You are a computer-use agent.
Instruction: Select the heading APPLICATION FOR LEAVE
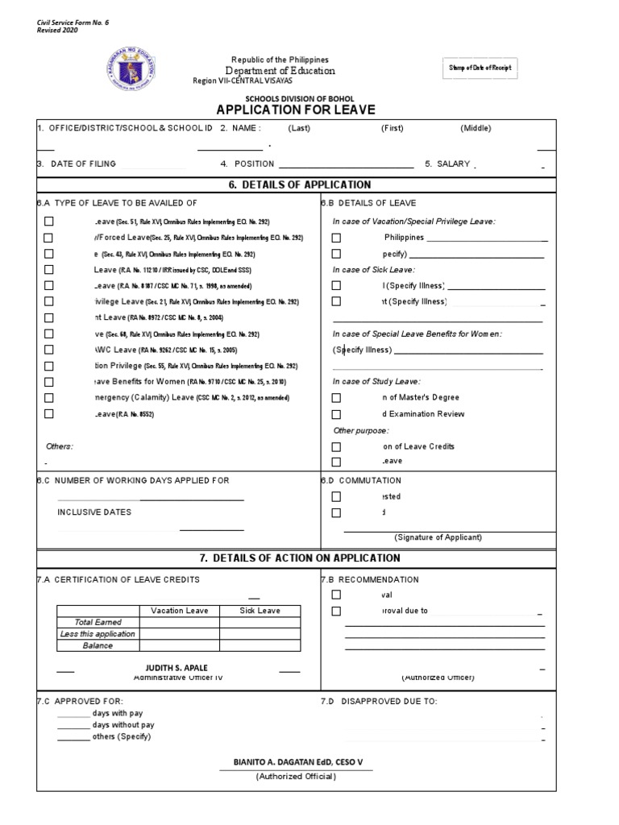294,110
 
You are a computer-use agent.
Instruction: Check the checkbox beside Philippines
336,238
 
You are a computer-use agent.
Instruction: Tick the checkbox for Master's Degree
336,397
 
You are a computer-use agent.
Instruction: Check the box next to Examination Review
336,414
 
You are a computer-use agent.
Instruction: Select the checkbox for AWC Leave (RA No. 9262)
49,350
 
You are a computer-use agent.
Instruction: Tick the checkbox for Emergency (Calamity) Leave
49,397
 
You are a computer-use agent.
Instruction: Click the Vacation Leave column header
179,611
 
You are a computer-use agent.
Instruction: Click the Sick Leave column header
260,611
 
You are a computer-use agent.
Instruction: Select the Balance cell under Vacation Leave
179,645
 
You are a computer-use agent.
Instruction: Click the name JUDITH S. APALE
178,668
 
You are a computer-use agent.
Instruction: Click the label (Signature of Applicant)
438,537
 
